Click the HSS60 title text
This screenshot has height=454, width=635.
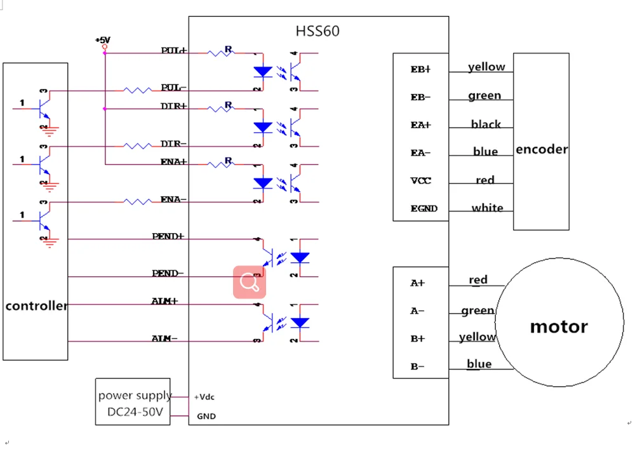pos(317,31)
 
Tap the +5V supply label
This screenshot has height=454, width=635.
pos(102,40)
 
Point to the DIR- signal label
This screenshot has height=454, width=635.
pos(173,144)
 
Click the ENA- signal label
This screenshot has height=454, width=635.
pos(173,199)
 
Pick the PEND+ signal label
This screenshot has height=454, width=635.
pos(168,236)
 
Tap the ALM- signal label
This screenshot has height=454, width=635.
pos(165,338)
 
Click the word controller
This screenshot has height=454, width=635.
pos(36,306)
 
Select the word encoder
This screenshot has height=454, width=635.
pos(542,150)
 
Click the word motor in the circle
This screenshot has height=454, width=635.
pos(559,327)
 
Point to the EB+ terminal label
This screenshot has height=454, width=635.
pos(420,69)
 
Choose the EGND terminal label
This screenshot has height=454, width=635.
pos(424,208)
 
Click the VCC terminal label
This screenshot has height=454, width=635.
pos(420,180)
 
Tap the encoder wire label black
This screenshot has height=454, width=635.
pos(486,124)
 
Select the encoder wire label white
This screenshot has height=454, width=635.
pos(487,208)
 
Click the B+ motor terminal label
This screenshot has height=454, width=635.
pos(417,339)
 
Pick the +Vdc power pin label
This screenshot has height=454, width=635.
pos(204,397)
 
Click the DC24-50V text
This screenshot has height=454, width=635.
pos(135,412)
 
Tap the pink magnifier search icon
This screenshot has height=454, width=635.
pos(250,282)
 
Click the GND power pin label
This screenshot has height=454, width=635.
pos(206,417)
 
